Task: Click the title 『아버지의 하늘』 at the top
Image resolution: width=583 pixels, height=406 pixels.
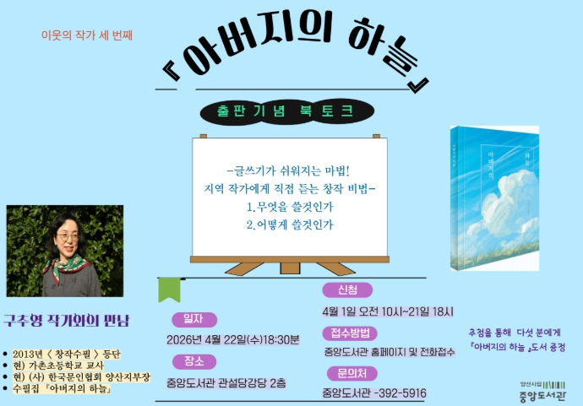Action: (x=295, y=59)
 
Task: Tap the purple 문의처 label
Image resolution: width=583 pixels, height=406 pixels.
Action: (x=351, y=374)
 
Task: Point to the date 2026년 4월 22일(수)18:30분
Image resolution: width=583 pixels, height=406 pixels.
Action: (x=233, y=340)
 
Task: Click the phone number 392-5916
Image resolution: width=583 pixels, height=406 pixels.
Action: (x=400, y=393)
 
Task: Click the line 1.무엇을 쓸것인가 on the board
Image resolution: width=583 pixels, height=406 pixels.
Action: (x=289, y=206)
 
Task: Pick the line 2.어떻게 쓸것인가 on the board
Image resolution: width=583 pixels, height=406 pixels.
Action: (x=289, y=225)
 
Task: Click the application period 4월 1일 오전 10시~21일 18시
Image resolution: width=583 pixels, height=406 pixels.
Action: (x=388, y=311)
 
